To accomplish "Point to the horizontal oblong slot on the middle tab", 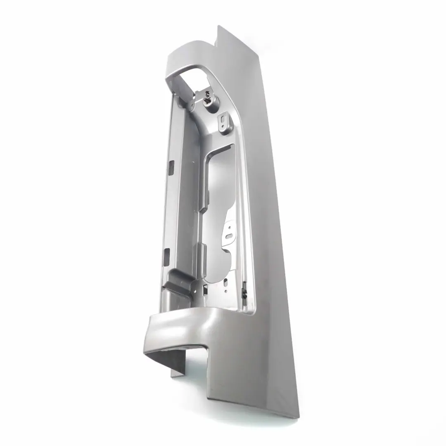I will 228,236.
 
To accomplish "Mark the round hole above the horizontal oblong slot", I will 228,227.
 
